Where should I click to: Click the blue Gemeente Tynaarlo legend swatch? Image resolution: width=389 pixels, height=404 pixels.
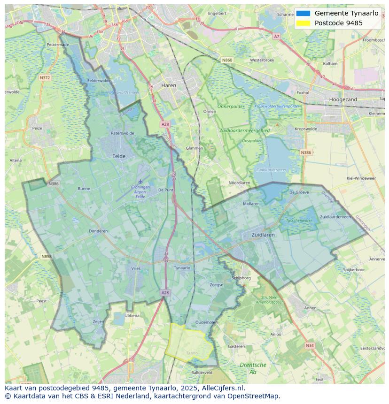pyautogui.click(x=303, y=13)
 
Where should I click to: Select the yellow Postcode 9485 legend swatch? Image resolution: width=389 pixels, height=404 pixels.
pyautogui.click(x=303, y=23)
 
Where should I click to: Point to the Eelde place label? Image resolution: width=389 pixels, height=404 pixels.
pyautogui.click(x=118, y=156)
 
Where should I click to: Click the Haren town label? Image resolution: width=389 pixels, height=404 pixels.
pyautogui.click(x=168, y=85)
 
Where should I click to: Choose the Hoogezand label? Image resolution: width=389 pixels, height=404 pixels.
pyautogui.click(x=343, y=99)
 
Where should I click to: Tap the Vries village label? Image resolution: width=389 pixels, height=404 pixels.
pyautogui.click(x=136, y=268)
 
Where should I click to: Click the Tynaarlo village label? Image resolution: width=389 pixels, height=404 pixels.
pyautogui.click(x=182, y=268)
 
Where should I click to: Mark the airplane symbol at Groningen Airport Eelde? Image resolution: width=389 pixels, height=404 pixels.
pyautogui.click(x=140, y=181)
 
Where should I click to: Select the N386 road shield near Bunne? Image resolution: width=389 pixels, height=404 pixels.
pyautogui.click(x=54, y=183)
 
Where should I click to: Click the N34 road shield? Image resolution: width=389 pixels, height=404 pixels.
pyautogui.click(x=309, y=345)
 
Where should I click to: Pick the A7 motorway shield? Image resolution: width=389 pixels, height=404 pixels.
pyautogui.click(x=276, y=36)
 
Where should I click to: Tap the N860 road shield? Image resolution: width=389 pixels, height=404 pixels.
pyautogui.click(x=227, y=60)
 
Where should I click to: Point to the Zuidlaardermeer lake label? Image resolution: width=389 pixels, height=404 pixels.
pyautogui.click(x=271, y=170)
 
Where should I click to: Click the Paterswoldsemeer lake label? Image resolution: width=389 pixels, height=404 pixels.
pyautogui.click(x=123, y=92)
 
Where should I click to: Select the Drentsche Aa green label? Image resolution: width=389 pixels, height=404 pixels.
pyautogui.click(x=253, y=368)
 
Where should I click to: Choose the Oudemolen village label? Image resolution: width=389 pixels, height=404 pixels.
pyautogui.click(x=207, y=322)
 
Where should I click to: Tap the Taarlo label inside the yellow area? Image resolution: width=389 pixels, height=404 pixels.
pyautogui.click(x=192, y=352)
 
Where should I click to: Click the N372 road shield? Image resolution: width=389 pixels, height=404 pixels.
pyautogui.click(x=45, y=77)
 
